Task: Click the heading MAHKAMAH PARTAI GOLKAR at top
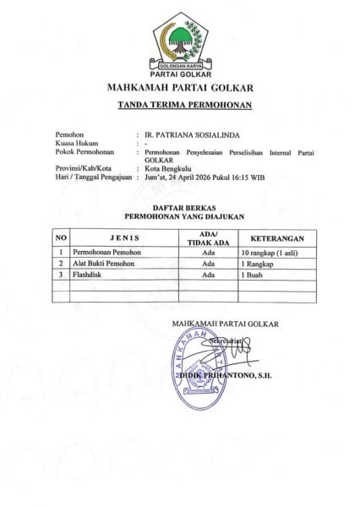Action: (x=179, y=88)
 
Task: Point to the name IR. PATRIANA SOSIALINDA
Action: (x=186, y=134)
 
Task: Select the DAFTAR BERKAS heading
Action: (x=179, y=207)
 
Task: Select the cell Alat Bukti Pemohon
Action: (x=103, y=264)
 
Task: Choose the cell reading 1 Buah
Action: (x=253, y=275)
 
